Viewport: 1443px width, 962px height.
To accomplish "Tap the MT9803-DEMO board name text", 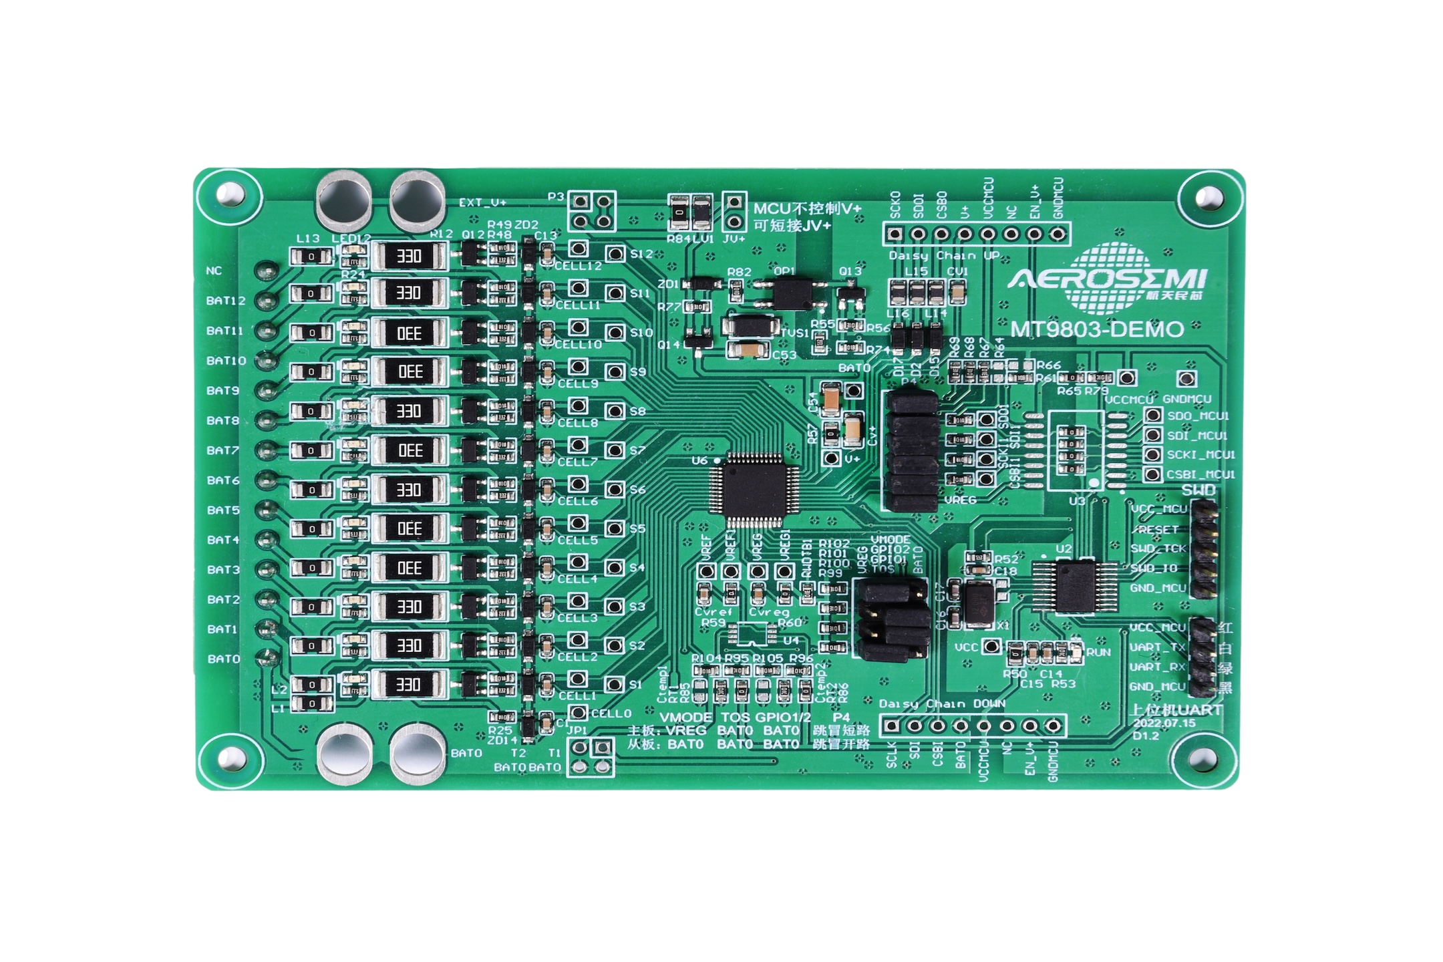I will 1097,329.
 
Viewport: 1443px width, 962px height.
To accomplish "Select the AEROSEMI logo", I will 1108,279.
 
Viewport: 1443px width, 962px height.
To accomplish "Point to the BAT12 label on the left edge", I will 226,301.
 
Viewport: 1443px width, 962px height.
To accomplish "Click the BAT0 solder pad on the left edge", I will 269,657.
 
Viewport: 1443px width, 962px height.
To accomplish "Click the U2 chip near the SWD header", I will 1074,586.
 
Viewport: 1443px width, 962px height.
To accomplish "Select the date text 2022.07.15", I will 1164,723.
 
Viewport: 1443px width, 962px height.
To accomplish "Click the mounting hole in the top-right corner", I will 1209,197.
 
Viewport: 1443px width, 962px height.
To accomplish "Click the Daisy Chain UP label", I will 944,256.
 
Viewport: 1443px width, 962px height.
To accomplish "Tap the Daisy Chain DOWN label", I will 942,704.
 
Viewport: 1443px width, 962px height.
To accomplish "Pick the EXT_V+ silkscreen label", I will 482,202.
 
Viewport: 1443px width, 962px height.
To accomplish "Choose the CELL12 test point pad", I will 578,249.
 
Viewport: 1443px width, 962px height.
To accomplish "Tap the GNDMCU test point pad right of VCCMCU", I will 1186,378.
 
